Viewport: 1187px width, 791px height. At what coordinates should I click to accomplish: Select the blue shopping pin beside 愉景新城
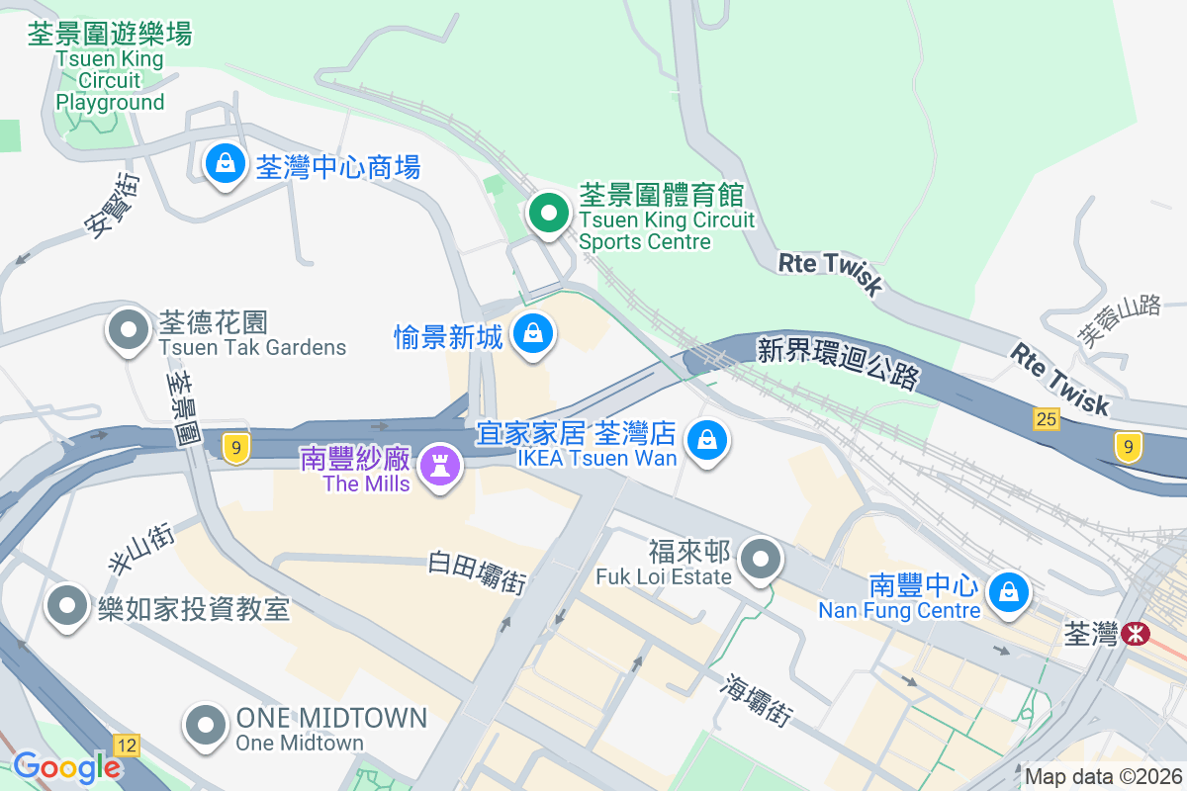click(x=534, y=334)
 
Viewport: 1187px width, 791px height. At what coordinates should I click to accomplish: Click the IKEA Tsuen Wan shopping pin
click(x=707, y=440)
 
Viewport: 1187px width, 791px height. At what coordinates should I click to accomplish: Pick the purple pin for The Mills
click(x=439, y=465)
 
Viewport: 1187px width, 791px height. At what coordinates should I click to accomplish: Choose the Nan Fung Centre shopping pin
click(x=1009, y=593)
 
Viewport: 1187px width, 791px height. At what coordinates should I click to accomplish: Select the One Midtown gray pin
click(x=206, y=725)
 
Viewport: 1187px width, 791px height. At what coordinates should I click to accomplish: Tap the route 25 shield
click(x=1047, y=420)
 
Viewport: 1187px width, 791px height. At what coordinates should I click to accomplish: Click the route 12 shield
click(x=127, y=744)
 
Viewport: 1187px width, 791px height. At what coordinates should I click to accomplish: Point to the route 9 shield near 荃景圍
click(x=235, y=449)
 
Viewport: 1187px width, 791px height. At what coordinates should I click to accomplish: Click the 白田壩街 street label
click(x=477, y=572)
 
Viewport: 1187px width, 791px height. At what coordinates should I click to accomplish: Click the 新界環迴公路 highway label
click(x=839, y=362)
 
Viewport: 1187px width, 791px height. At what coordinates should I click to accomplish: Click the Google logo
click(x=66, y=767)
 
